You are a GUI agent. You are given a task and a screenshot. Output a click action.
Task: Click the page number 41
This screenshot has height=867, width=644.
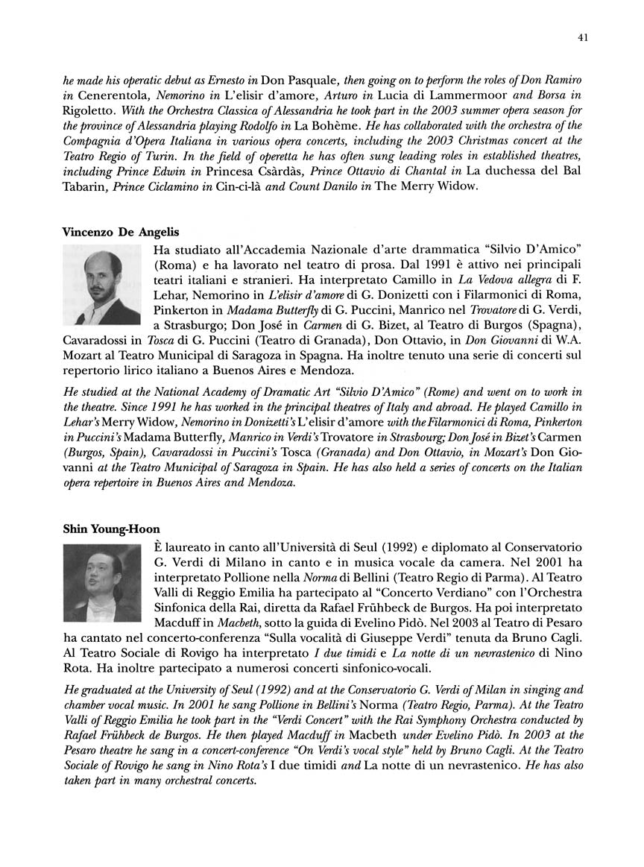[x=583, y=37]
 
